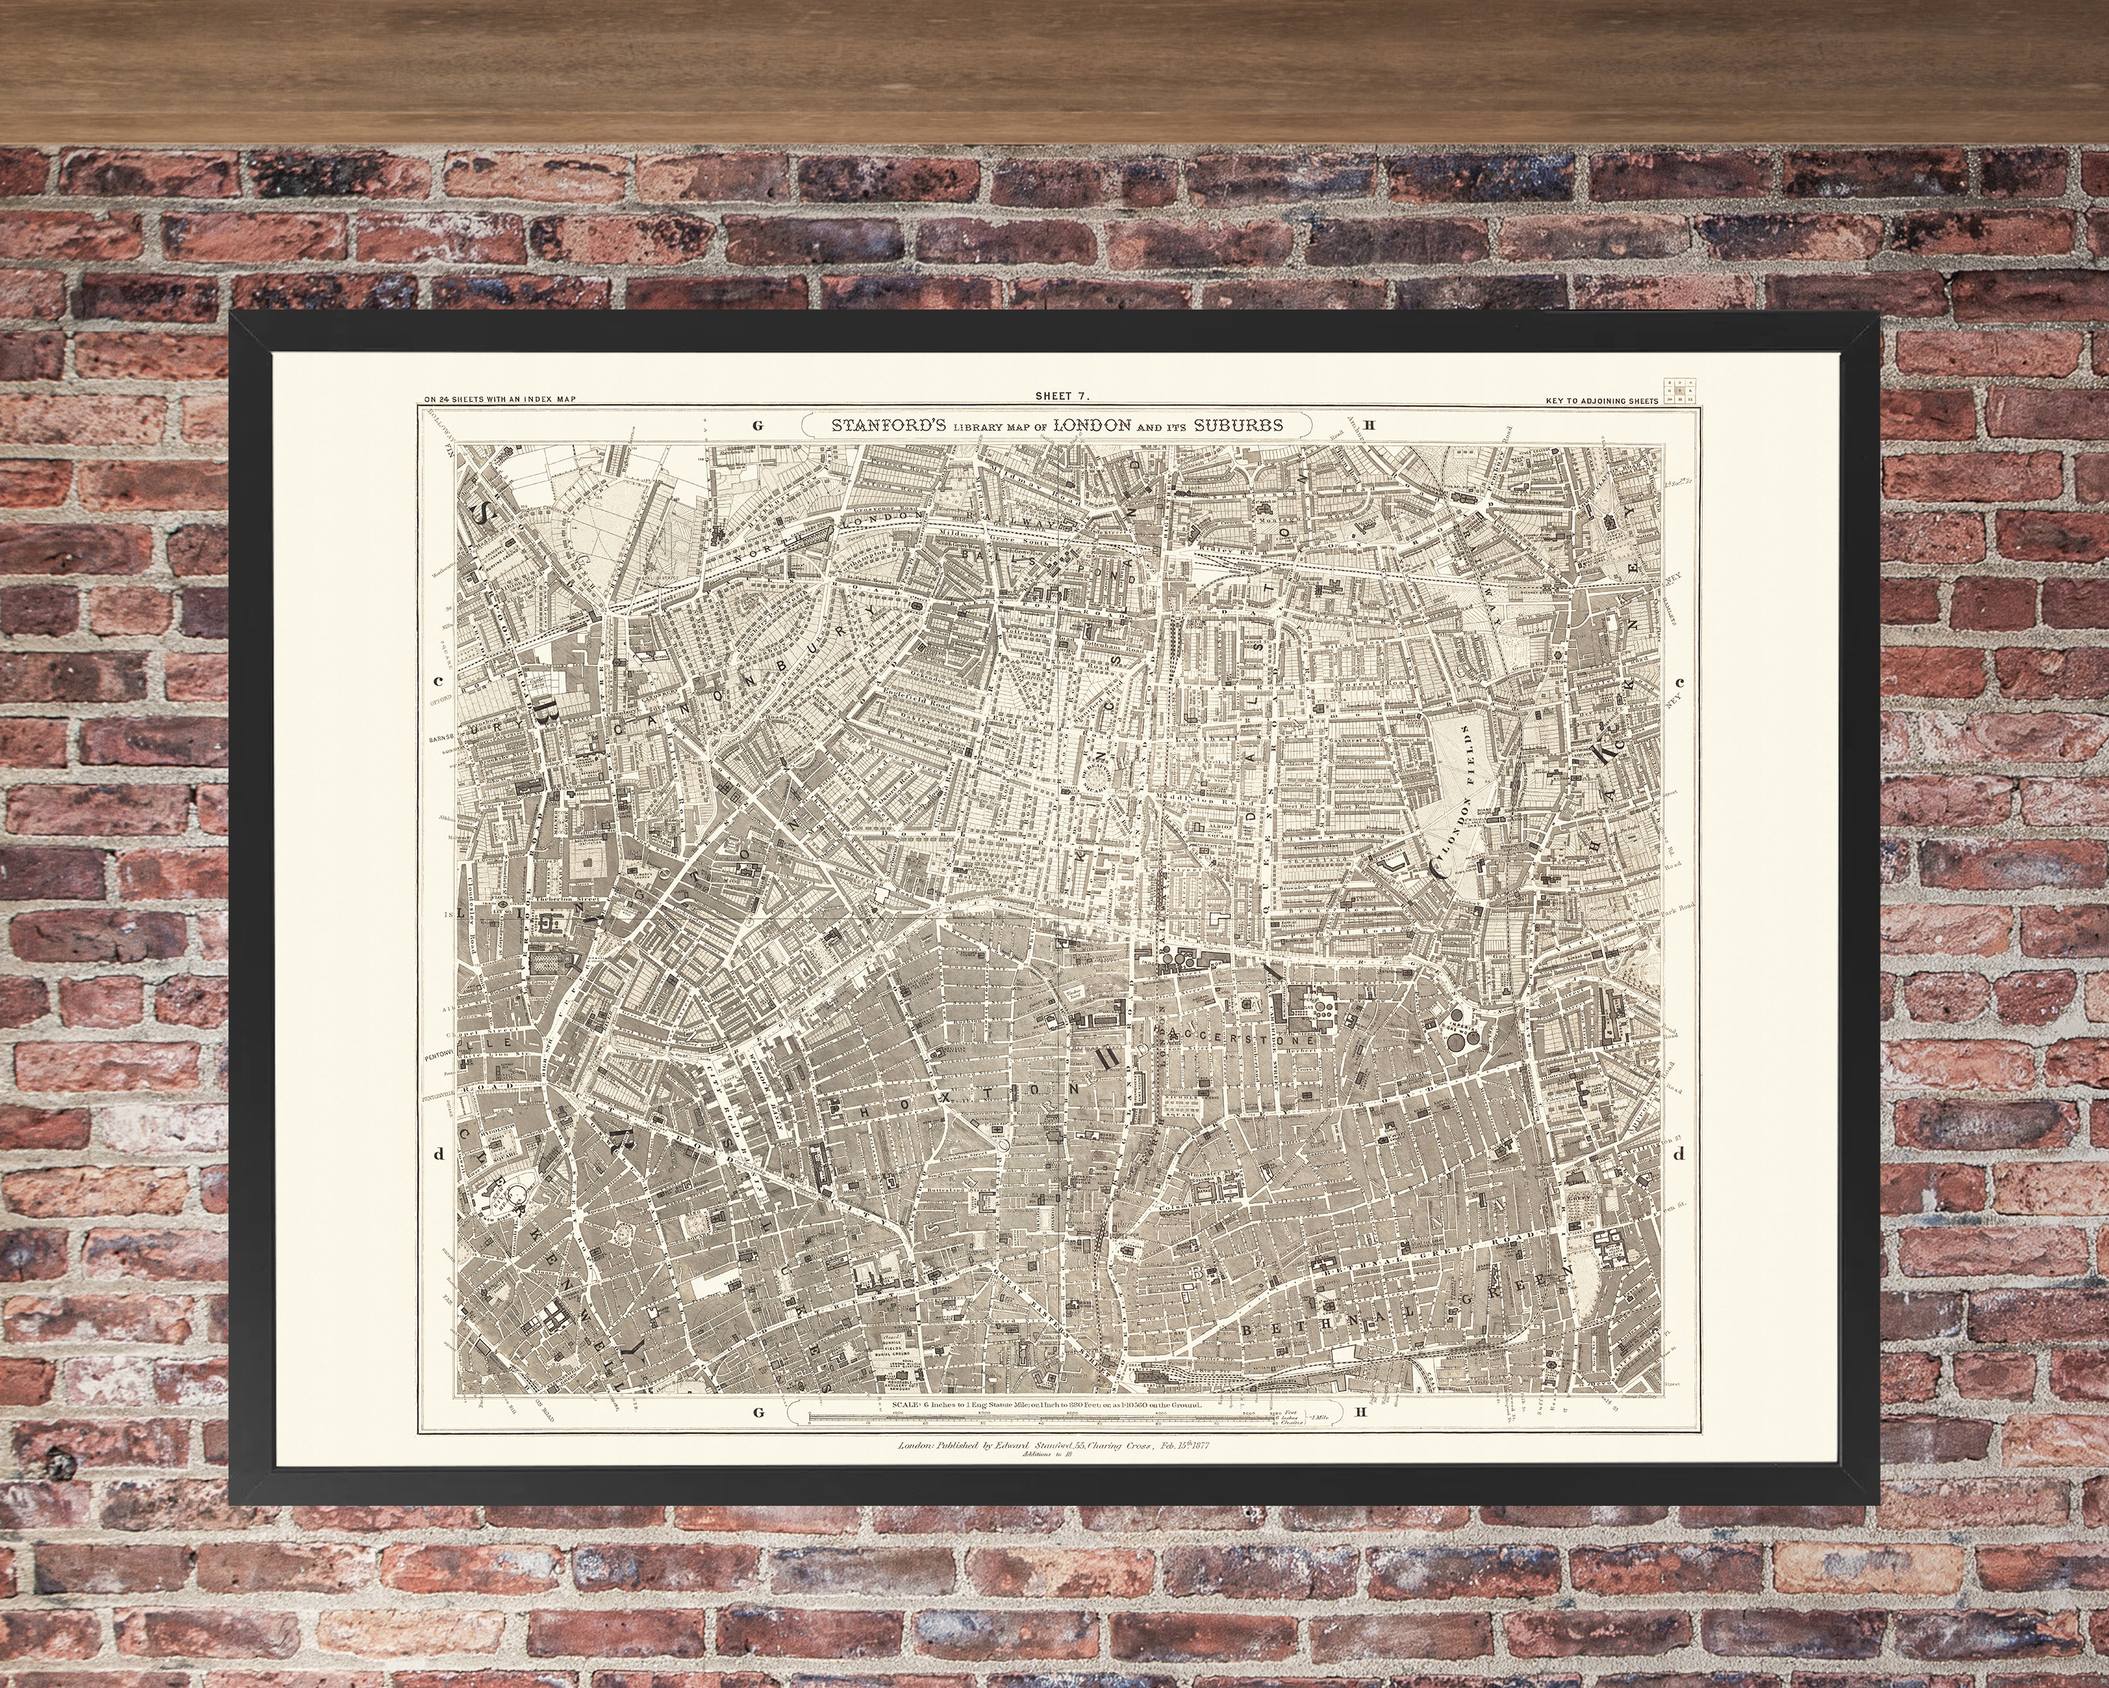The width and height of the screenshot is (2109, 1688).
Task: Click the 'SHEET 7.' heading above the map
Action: click(x=1062, y=396)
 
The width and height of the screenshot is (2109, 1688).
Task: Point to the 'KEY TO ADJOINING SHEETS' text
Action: click(x=1602, y=401)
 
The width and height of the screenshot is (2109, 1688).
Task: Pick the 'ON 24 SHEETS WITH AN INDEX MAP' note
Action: click(x=500, y=399)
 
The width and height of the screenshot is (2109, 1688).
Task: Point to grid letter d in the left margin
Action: click(x=438, y=1153)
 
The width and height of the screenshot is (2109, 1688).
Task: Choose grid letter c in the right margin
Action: click(x=1679, y=682)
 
